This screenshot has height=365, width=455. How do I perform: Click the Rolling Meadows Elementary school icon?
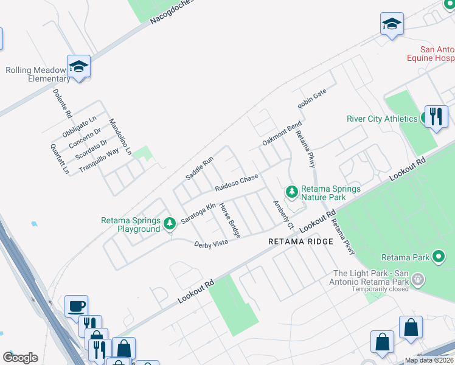coord(78,66)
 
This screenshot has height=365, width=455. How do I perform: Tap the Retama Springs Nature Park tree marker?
coord(293,192)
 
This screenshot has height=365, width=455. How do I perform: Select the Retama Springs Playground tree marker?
coord(170,224)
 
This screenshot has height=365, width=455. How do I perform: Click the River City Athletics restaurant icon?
coord(436,116)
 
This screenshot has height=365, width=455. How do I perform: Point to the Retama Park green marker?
coord(438,257)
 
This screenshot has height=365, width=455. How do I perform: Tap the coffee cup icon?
coord(76,306)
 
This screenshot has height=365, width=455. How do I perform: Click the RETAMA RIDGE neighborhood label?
coord(301,242)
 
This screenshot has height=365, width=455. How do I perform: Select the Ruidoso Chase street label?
coord(237,181)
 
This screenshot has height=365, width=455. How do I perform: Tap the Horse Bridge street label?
coord(230,220)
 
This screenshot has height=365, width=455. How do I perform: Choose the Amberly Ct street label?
coord(283,215)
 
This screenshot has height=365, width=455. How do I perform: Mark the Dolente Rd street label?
coord(63,104)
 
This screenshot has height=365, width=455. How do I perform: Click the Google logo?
coord(20,358)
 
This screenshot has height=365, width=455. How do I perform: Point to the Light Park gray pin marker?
coord(418,280)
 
